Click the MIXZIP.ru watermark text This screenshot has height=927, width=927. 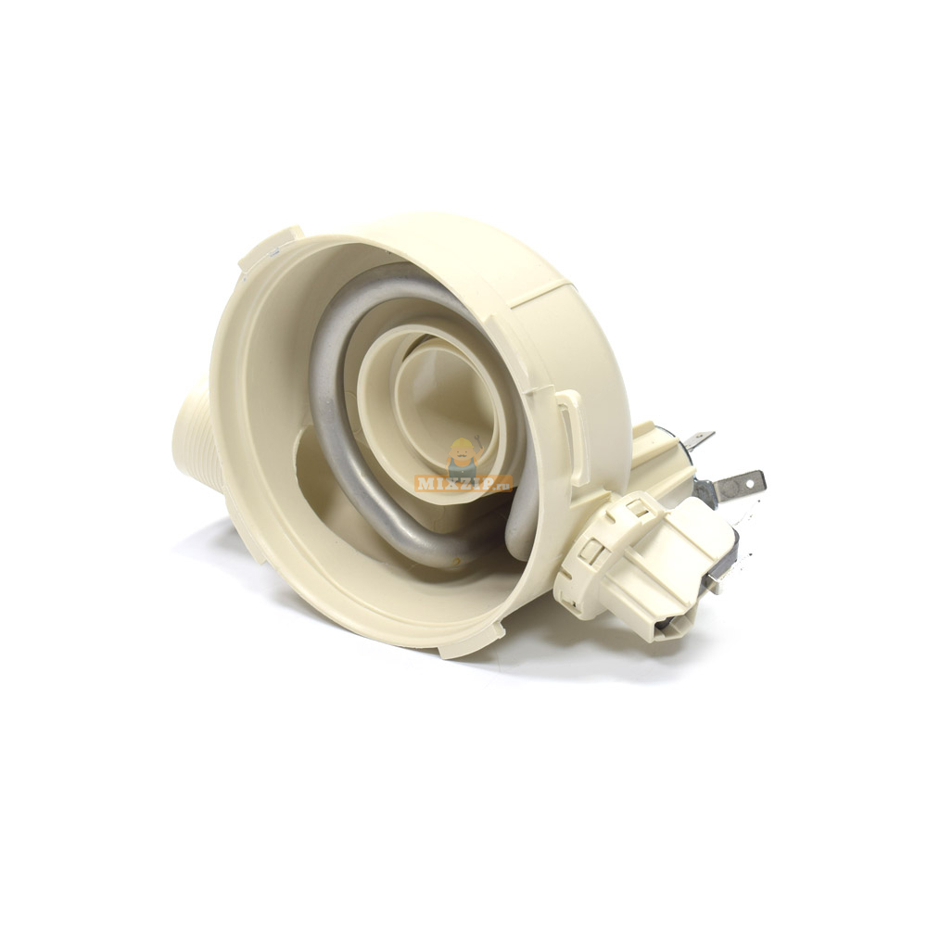pyautogui.click(x=463, y=484)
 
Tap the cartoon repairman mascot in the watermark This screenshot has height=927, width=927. pyautogui.click(x=463, y=456)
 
